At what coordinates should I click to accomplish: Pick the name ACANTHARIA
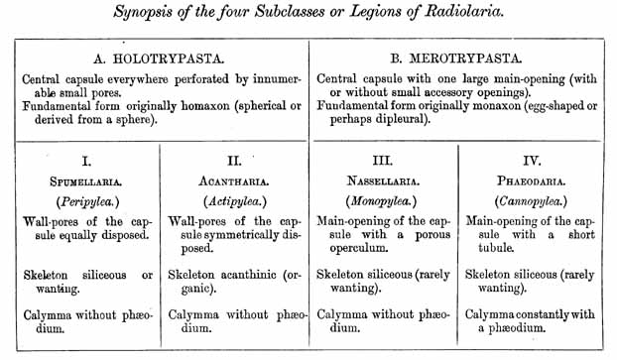click(x=237, y=181)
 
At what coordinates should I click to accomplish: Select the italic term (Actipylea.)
click(x=237, y=200)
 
